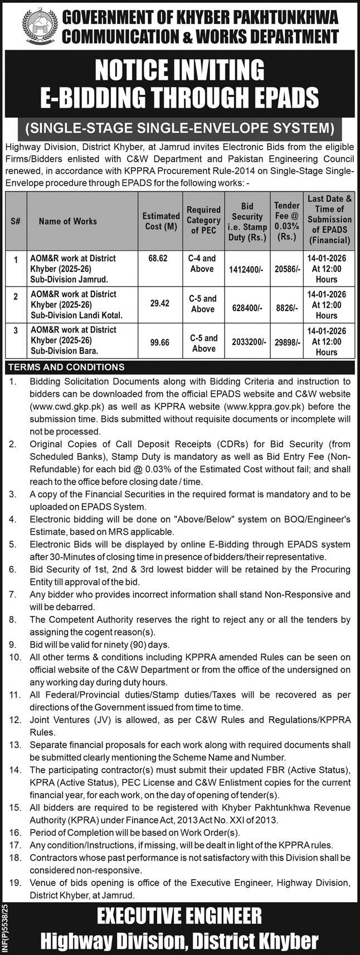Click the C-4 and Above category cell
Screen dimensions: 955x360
[203, 264]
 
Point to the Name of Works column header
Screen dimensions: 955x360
[67, 221]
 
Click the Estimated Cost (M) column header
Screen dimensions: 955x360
[160, 221]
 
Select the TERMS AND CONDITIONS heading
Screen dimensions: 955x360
[66, 367]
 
